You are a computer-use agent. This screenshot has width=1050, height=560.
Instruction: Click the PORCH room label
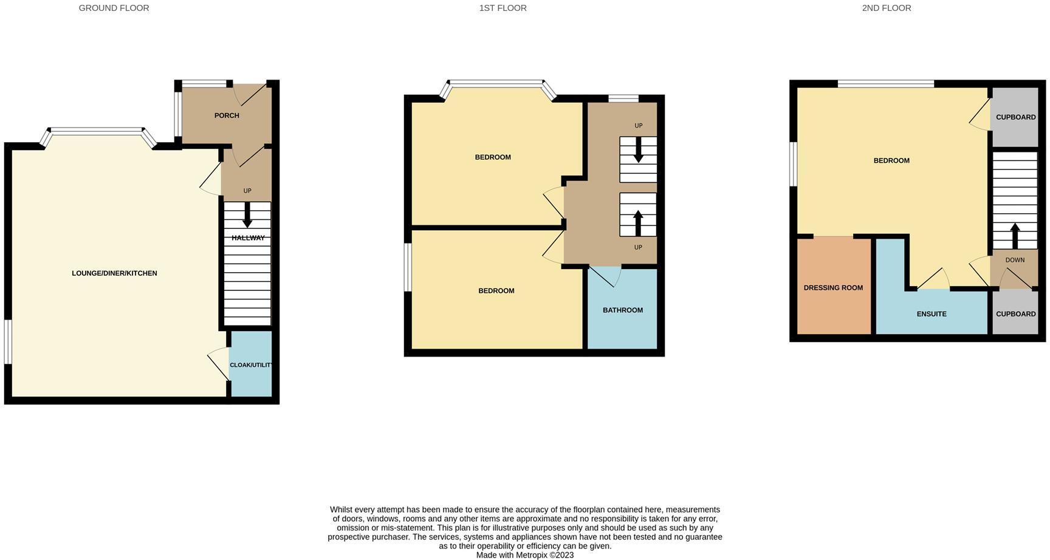(x=227, y=115)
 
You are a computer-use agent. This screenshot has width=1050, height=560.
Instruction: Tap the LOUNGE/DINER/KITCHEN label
(x=114, y=273)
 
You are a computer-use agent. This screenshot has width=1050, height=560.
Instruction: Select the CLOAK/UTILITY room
(x=250, y=365)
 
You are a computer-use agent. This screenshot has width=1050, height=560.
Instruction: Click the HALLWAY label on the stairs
(x=248, y=238)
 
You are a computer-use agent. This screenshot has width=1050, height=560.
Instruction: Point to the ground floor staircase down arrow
(x=247, y=215)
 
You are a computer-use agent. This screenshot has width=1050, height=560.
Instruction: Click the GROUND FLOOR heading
(x=114, y=8)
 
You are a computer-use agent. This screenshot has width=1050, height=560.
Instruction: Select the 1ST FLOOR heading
(x=503, y=8)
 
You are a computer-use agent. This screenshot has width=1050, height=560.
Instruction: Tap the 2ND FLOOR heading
(x=886, y=8)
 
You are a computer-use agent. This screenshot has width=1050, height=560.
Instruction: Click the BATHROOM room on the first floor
(x=622, y=310)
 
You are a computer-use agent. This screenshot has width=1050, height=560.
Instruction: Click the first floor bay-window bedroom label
(x=493, y=157)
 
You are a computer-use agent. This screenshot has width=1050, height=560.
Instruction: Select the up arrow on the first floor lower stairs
(x=638, y=222)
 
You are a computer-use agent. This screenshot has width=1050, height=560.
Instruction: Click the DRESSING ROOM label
(x=833, y=288)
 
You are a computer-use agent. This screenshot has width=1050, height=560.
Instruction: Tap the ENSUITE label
(x=932, y=314)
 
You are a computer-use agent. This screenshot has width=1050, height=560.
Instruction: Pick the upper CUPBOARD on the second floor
(x=1015, y=117)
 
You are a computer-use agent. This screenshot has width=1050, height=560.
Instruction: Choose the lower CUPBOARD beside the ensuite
(x=1015, y=314)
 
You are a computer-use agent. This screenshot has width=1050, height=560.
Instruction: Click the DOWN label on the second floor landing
(x=1015, y=260)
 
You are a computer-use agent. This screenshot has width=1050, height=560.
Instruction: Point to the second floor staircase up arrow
(x=1015, y=236)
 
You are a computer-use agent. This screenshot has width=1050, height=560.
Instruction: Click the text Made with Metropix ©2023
(x=524, y=555)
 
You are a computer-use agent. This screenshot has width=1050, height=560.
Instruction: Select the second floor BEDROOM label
(x=891, y=161)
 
